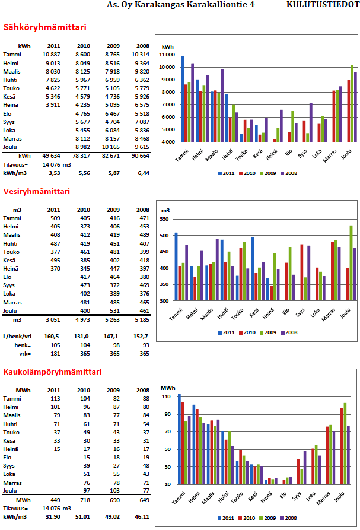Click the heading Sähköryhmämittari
44,27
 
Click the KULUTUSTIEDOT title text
322,5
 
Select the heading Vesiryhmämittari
37,191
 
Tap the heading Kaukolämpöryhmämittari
52,372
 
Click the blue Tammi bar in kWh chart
182,99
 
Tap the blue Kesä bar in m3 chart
252,269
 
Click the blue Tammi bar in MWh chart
179,439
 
